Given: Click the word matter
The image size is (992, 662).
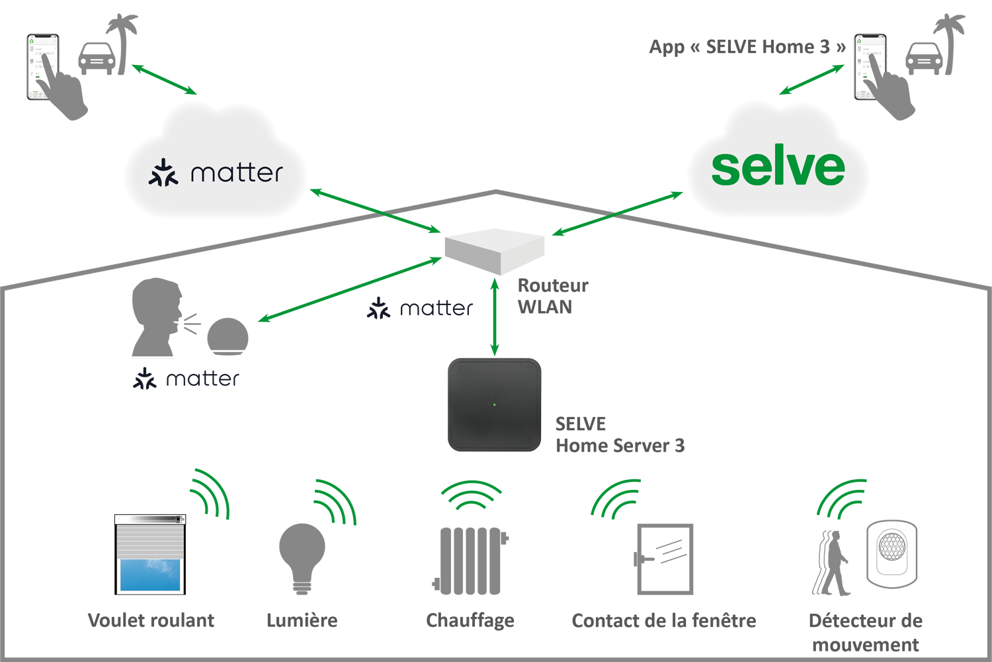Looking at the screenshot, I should click(236, 173).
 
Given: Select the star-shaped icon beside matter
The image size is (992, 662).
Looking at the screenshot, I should click(163, 172).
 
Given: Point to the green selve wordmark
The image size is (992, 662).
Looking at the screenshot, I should click(778, 167).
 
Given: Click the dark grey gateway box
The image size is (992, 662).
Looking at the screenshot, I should click(495, 404).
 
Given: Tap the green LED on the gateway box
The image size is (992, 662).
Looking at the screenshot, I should click(495, 404).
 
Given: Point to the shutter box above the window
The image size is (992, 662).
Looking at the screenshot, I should click(149, 520).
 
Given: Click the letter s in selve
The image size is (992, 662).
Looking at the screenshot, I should click(725, 169).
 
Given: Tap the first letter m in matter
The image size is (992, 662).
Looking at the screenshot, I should click(202, 174).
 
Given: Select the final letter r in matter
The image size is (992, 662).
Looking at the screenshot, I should click(278, 174).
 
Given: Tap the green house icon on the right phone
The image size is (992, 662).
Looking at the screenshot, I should click(860, 41).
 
